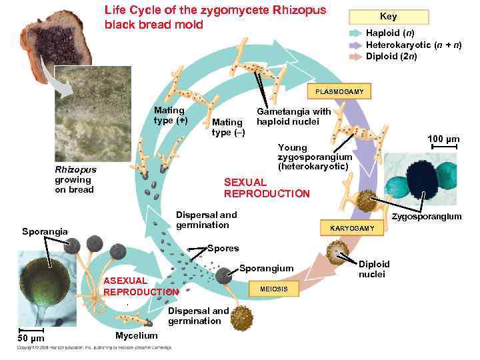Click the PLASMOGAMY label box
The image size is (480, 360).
point(339,91)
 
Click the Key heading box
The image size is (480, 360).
point(388,17)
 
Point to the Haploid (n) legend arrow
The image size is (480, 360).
point(355,33)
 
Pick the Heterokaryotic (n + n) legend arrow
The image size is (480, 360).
point(355,45)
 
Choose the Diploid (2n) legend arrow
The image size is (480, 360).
point(355,56)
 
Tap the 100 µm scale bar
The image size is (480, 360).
point(444,147)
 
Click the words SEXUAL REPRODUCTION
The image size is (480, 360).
point(267,188)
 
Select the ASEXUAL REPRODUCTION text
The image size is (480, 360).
point(141,286)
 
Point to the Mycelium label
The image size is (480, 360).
point(136,335)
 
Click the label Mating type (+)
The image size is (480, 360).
point(170,115)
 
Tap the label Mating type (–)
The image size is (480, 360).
point(228,127)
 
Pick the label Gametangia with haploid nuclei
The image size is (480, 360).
point(293,117)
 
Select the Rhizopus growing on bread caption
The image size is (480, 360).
point(75,179)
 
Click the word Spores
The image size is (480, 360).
point(223,248)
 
